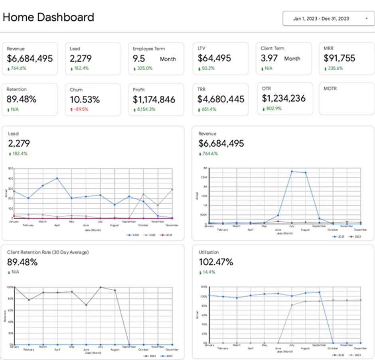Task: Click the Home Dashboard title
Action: point(48,17)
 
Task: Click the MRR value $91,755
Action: point(339,58)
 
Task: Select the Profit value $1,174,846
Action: point(154,99)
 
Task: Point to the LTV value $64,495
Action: point(214,58)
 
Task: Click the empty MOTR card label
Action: point(330,89)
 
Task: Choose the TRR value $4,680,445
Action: point(221,99)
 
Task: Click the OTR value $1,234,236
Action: point(284,98)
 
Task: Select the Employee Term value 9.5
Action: point(139,59)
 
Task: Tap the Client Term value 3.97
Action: point(269,58)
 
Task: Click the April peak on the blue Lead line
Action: point(57,178)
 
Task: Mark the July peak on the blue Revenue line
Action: point(292,171)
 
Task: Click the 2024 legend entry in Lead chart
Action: point(168,235)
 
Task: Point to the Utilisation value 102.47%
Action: point(216,262)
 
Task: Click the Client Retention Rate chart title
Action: point(48,252)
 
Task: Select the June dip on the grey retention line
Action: point(86,305)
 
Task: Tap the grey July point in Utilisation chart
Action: point(292,305)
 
